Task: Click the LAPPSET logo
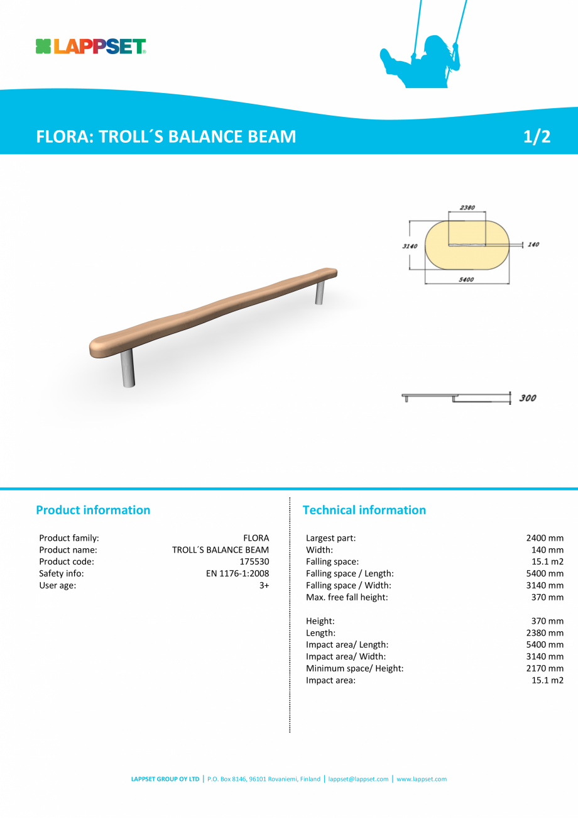click(91, 47)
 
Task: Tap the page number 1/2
click(537, 136)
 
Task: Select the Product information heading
click(93, 510)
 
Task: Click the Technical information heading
click(364, 510)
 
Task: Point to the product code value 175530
click(254, 561)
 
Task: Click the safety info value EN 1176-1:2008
click(237, 573)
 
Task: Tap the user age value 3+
click(264, 585)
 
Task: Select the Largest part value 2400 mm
click(545, 538)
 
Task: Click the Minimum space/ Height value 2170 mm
click(545, 668)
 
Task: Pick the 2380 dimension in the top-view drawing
click(467, 207)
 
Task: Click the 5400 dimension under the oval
click(466, 280)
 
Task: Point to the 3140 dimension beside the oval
click(410, 246)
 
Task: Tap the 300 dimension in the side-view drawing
click(528, 398)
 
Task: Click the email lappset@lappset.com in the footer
click(358, 779)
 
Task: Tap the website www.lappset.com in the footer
click(422, 779)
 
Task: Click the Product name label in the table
click(68, 550)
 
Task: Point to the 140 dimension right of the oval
click(533, 245)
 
